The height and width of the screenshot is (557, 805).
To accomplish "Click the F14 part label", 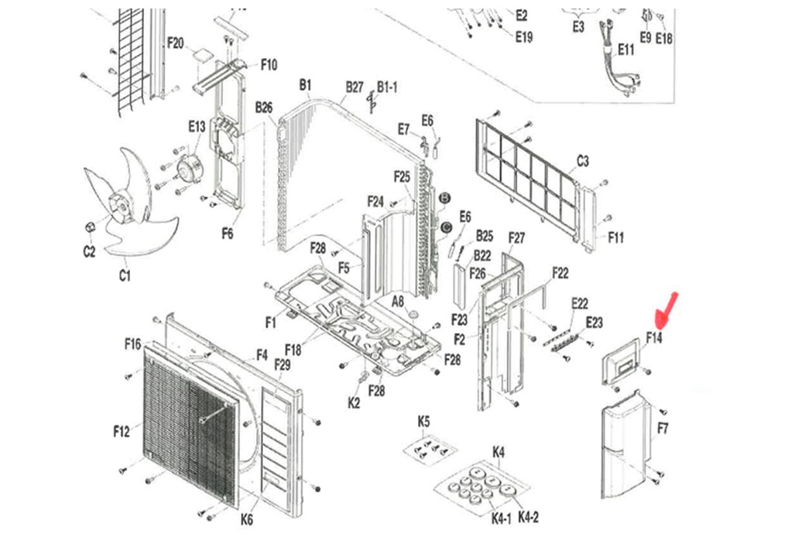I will [654, 338].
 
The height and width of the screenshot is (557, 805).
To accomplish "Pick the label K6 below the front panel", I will [246, 520].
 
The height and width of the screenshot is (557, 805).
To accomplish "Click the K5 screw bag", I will [428, 449].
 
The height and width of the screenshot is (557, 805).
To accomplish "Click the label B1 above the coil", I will [305, 84].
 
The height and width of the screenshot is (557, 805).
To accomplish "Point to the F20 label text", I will [176, 43].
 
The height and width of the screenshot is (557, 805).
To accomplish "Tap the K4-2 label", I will [528, 517].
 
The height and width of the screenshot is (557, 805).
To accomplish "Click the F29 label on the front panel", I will [283, 364].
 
